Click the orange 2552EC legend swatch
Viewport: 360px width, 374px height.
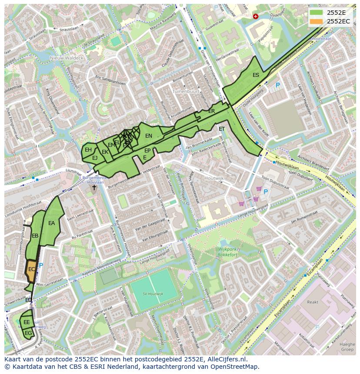[316, 21]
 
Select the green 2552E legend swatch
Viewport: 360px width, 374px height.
[316, 13]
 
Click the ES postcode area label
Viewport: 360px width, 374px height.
[256, 75]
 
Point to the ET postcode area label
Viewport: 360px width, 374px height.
[222, 129]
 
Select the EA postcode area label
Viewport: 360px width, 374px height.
[52, 223]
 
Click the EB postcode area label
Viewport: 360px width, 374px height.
[35, 236]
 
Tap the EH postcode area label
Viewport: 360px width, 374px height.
[88, 150]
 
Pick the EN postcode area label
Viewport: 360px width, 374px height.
[149, 136]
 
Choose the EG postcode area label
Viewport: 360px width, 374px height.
[28, 333]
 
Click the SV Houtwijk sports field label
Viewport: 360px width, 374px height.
[153, 294]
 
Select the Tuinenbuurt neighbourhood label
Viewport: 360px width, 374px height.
[186, 92]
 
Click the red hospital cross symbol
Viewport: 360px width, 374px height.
[255, 17]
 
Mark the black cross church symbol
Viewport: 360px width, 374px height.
[94, 188]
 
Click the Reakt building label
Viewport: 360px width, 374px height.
[313, 302]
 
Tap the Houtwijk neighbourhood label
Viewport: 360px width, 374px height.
[213, 179]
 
